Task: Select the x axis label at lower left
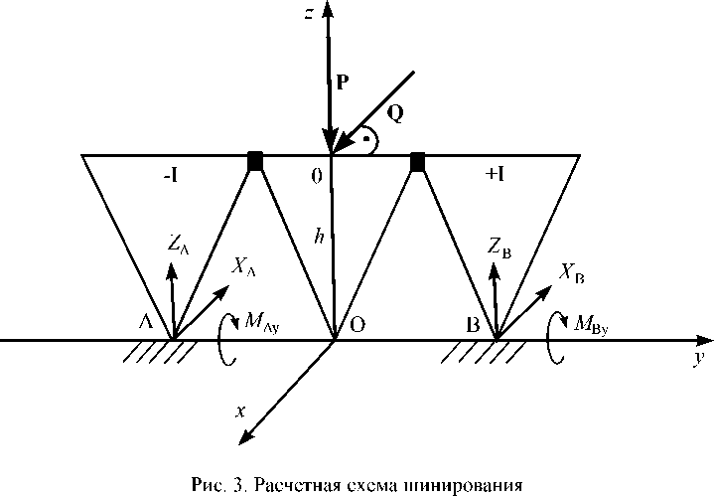click(240, 410)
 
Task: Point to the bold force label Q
click(394, 113)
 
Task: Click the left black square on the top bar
click(255, 160)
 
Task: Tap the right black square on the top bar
click(418, 160)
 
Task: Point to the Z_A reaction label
click(178, 242)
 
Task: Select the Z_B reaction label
click(500, 244)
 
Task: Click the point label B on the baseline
click(473, 324)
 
